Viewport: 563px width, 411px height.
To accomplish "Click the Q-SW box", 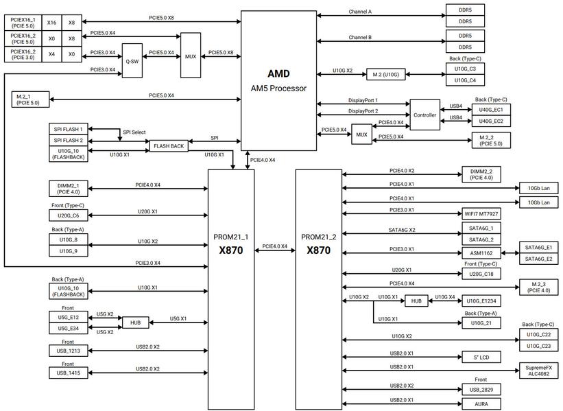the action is point(132,60).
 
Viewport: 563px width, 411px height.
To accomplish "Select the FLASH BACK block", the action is point(169,146).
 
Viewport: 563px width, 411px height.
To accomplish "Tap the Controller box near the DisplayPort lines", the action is point(424,115).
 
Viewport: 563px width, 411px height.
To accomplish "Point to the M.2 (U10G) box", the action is point(385,74).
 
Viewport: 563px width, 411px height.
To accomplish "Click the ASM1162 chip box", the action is point(481,253).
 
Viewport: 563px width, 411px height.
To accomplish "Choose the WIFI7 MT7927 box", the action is point(481,214).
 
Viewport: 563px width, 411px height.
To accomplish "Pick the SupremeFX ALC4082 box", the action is point(538,371).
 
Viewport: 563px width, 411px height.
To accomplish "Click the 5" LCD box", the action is point(481,357).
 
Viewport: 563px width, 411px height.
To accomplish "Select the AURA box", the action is point(481,404).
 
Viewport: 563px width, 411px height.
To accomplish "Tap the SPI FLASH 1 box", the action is point(68,129).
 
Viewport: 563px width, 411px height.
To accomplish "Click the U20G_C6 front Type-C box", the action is point(68,215).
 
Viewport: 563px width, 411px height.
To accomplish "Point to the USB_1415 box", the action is point(68,373).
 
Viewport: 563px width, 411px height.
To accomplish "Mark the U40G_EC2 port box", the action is point(491,121).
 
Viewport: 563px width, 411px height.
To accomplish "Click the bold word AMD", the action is point(278,73).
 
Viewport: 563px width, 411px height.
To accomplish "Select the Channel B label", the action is point(360,37).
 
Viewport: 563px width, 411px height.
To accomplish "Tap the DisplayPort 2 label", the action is point(363,111).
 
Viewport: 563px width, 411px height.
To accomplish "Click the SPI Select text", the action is point(134,132).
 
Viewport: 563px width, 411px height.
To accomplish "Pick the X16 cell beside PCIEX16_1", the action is point(51,22).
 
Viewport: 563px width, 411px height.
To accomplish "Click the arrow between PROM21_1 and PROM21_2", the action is point(275,250).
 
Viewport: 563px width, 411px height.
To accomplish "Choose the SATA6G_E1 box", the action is point(538,247).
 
